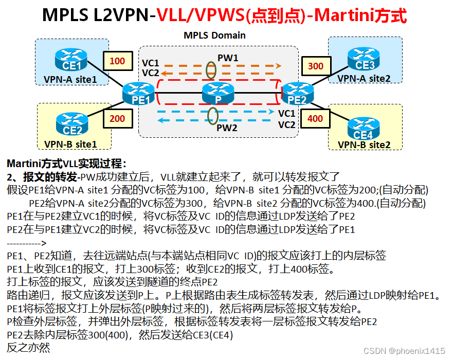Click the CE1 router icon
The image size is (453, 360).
71,60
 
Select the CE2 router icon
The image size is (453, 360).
73,124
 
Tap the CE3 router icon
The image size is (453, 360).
365,59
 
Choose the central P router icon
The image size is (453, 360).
219,93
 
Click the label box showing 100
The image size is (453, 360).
117,61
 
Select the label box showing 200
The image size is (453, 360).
117,118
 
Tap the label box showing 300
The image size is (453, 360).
316,66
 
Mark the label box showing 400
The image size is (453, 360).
315,118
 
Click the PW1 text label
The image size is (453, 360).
228,58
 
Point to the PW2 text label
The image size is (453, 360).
227,128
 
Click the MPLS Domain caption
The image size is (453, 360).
214,35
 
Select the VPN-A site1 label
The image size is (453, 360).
70,79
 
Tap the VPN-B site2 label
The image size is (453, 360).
364,145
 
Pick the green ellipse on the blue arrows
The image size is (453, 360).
211,116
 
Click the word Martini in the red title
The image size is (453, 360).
341,15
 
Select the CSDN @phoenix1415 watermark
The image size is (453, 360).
404,350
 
